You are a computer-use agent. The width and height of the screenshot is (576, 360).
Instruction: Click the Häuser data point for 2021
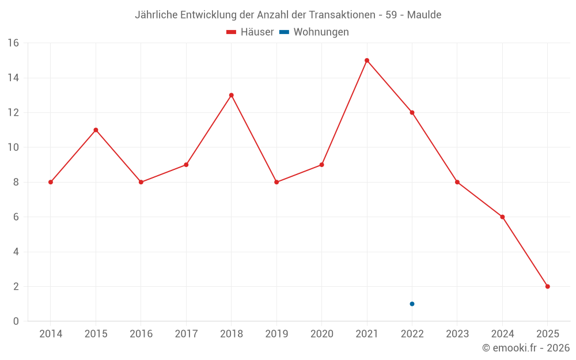click(367, 60)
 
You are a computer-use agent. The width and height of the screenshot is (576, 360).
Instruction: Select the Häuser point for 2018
click(231, 95)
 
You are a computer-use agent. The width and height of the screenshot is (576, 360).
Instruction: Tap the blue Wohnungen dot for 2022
click(412, 304)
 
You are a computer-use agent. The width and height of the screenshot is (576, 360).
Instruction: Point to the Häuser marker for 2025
click(547, 286)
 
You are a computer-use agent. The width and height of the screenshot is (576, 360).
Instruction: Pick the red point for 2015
click(96, 130)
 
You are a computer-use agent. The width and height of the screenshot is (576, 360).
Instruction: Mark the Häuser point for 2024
click(502, 217)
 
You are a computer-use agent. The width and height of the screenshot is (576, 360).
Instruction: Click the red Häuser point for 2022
click(412, 112)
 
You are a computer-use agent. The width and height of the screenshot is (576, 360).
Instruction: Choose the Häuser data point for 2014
click(51, 182)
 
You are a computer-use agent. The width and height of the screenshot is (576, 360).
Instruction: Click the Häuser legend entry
click(250, 32)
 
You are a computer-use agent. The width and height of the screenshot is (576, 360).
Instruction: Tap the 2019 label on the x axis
click(276, 334)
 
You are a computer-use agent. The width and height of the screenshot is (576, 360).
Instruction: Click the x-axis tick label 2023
click(457, 334)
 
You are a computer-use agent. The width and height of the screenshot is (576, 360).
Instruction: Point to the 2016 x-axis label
click(141, 334)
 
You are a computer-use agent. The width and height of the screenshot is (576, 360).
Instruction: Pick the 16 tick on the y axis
click(13, 43)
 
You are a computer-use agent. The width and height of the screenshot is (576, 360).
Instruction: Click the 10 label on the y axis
click(13, 147)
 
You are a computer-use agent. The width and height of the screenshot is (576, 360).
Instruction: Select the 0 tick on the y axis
click(16, 321)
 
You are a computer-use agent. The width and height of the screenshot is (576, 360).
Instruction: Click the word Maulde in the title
click(424, 15)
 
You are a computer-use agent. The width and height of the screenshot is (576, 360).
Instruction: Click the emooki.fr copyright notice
click(526, 348)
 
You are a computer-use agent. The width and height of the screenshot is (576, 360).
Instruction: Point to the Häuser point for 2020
click(321, 165)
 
